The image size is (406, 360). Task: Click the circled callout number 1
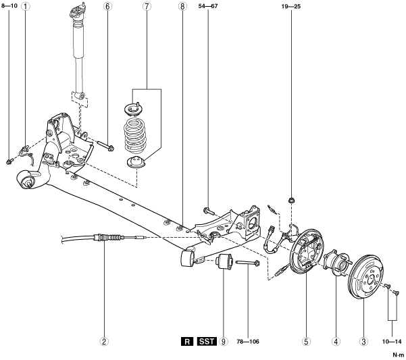(26, 7)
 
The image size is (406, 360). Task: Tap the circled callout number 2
(105, 341)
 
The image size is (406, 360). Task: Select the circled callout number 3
(364, 341)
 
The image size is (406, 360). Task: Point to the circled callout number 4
(336, 341)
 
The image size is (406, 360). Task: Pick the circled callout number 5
(306, 341)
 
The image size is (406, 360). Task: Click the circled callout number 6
(107, 7)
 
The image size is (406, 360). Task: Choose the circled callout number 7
(147, 7)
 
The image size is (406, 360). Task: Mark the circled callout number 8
(182, 7)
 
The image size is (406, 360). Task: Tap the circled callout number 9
(223, 341)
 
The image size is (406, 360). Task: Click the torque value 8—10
(9, 7)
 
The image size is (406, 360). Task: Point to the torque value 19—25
(292, 7)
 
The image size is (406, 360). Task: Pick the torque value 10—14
(391, 341)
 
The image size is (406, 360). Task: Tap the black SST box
(206, 341)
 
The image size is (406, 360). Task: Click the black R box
(186, 341)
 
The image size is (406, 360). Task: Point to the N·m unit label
(397, 354)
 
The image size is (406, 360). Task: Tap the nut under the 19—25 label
(291, 200)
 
